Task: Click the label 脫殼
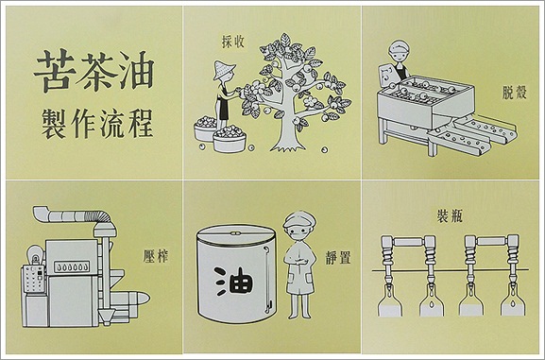point(517,95)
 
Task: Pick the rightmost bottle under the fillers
point(507,303)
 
